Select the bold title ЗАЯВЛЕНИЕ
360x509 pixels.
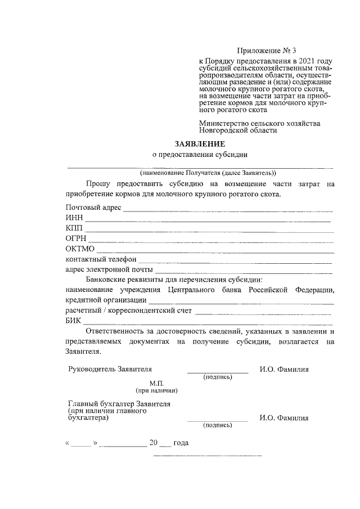point(200,144)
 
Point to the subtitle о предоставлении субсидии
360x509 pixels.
point(200,155)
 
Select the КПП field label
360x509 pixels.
point(74,228)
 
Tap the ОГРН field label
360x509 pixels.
point(76,238)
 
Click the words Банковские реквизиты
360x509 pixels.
point(124,280)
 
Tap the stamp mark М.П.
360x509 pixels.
point(156,383)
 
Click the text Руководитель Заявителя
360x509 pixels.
point(110,370)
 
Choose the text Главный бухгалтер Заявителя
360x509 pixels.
point(119,404)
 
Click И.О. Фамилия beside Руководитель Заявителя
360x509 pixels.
point(283,370)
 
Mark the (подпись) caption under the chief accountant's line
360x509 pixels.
point(218,426)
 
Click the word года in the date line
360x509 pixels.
point(181,443)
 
